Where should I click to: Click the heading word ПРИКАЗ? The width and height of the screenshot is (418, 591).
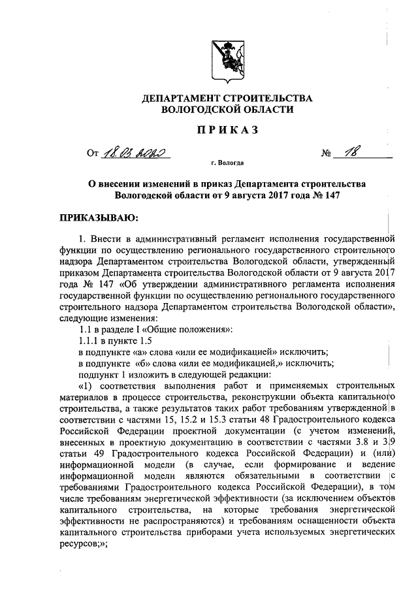click(x=228, y=130)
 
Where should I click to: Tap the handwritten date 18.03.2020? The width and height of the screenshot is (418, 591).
click(x=135, y=153)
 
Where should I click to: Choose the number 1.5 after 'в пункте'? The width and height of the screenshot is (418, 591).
click(x=152, y=341)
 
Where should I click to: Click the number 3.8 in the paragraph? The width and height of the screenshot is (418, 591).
click(x=359, y=443)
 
